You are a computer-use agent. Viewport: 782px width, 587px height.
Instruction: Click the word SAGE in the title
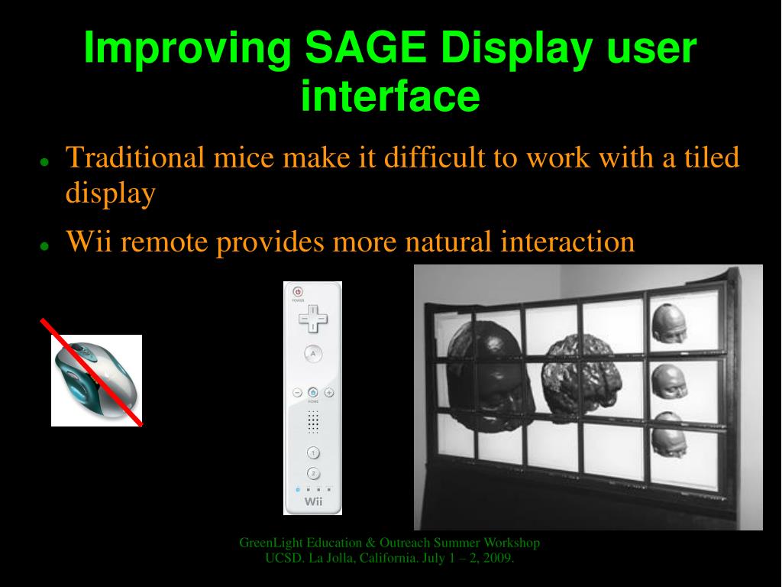[x=365, y=47]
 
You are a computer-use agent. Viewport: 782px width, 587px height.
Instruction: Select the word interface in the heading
[x=390, y=96]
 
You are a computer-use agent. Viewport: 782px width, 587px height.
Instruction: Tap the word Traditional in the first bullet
[x=135, y=157]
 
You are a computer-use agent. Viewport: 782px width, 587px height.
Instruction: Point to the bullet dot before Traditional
[x=44, y=162]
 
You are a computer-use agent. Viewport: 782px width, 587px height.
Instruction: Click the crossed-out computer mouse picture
[x=96, y=381]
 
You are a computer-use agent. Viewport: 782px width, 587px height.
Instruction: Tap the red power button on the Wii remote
[x=298, y=291]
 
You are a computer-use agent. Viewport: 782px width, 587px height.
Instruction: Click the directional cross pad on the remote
[x=313, y=318]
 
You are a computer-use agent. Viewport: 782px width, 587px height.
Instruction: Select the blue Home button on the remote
[x=313, y=392]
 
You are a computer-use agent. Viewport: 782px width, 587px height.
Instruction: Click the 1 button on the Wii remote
[x=313, y=452]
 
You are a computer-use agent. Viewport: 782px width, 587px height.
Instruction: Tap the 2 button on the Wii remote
[x=313, y=473]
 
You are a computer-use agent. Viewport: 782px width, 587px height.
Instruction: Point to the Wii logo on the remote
[x=313, y=501]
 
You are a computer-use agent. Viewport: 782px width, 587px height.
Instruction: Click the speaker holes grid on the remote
[x=313, y=422]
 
